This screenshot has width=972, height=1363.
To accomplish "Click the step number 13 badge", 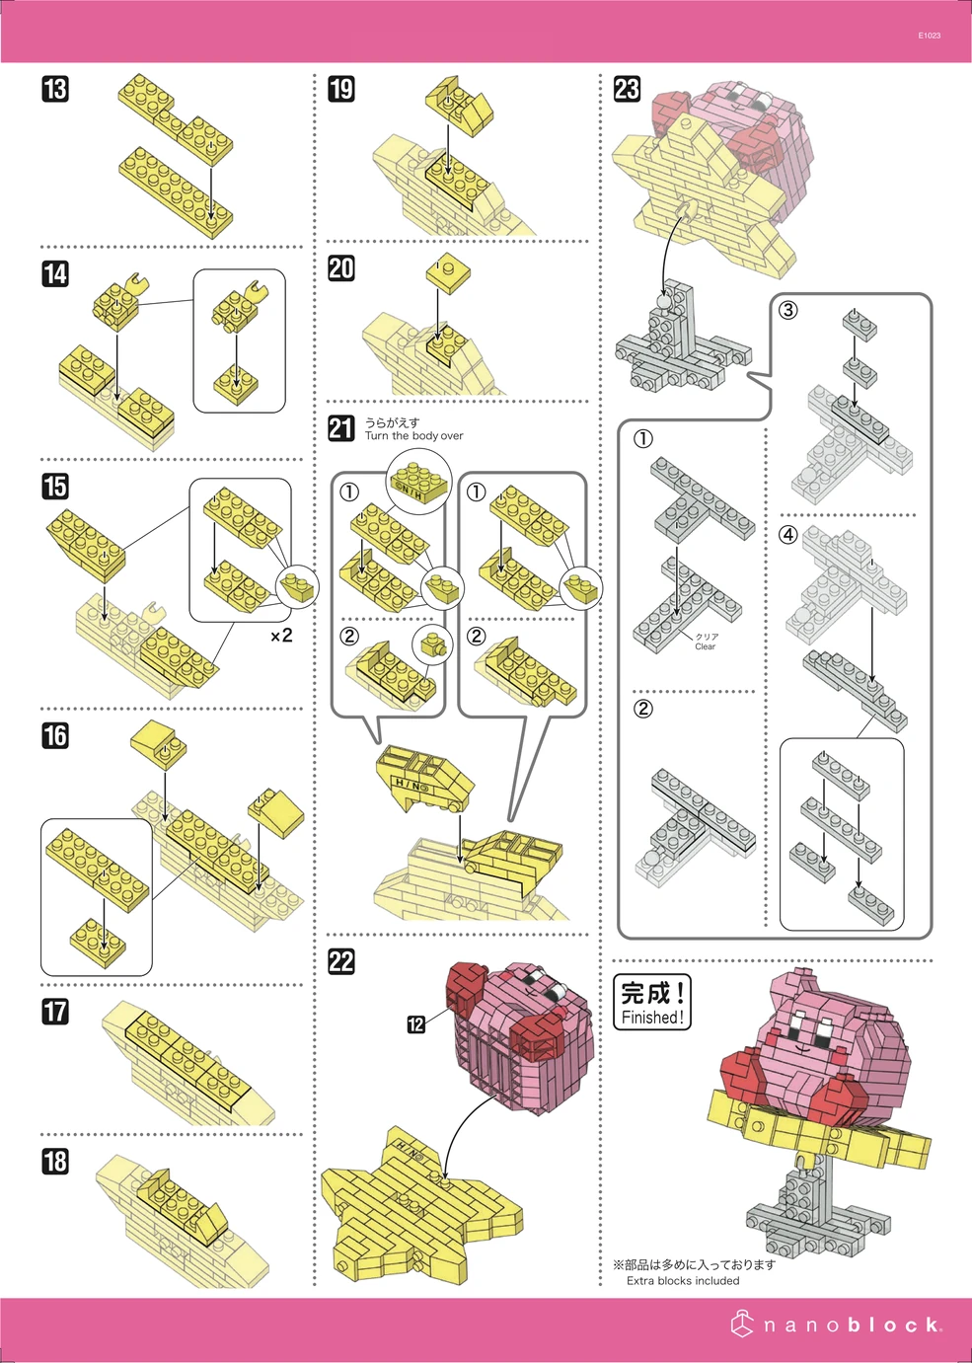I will pyautogui.click(x=55, y=89).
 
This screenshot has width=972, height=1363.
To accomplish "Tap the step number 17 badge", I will pyautogui.click(x=55, y=1012).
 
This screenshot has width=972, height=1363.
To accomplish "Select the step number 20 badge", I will pyautogui.click(x=341, y=268).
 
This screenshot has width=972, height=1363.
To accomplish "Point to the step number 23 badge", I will pyautogui.click(x=627, y=89).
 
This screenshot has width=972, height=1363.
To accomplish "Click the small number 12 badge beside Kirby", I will pyautogui.click(x=416, y=1024).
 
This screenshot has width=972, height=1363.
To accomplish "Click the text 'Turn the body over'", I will pyautogui.click(x=413, y=436).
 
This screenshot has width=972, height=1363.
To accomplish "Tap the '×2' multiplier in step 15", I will pyautogui.click(x=281, y=636).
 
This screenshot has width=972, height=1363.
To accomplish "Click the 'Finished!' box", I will pyautogui.click(x=651, y=1003).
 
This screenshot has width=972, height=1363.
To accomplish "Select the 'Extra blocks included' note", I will pyautogui.click(x=683, y=1281).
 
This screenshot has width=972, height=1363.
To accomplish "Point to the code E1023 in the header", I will pyautogui.click(x=929, y=36).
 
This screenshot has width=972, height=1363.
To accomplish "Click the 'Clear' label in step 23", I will pyautogui.click(x=705, y=646).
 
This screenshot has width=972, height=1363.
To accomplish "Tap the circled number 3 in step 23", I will pyautogui.click(x=787, y=310).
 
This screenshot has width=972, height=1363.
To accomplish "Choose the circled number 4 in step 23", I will pyautogui.click(x=787, y=535).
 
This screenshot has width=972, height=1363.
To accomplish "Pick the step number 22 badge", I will pyautogui.click(x=341, y=962).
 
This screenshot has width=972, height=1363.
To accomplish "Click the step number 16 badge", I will pyautogui.click(x=55, y=735).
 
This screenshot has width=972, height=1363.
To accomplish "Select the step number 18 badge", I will pyautogui.click(x=55, y=1162).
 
